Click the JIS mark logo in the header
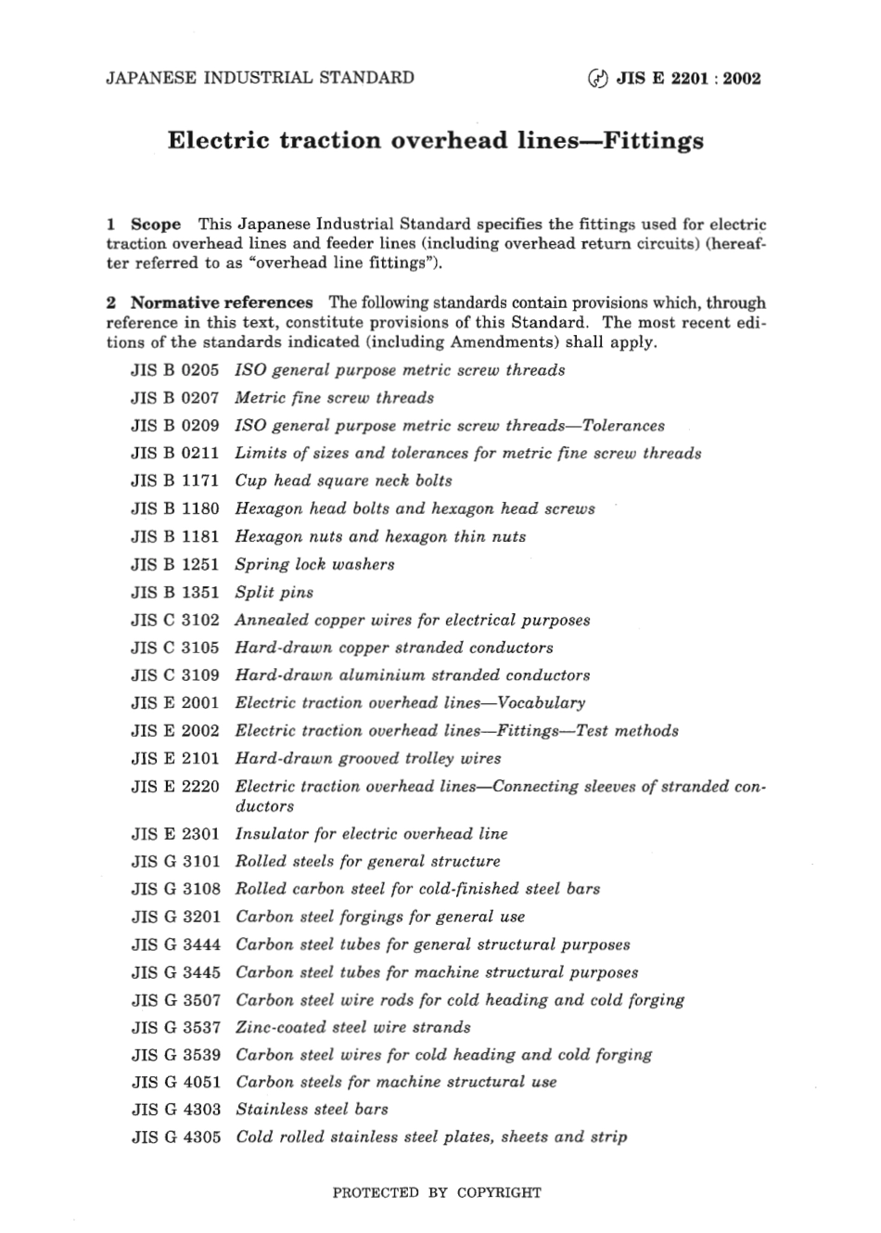pyautogui.click(x=597, y=79)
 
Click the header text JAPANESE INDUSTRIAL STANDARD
pyautogui.click(x=261, y=78)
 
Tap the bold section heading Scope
pyautogui.click(x=156, y=225)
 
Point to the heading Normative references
pyautogui.click(x=222, y=302)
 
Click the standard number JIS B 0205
pyautogui.click(x=175, y=370)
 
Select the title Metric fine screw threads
pyautogui.click(x=334, y=398)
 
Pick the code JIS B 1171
pyautogui.click(x=175, y=481)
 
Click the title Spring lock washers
pyautogui.click(x=314, y=564)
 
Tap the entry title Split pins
pyautogui.click(x=274, y=592)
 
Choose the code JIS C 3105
pyautogui.click(x=175, y=648)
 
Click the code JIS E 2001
pyautogui.click(x=175, y=703)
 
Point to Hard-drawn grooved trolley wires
pyautogui.click(x=367, y=758)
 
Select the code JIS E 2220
pyautogui.click(x=175, y=787)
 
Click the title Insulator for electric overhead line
pyautogui.click(x=371, y=833)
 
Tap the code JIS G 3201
pyautogui.click(x=175, y=917)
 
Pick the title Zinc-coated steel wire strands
pyautogui.click(x=352, y=1027)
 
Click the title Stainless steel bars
pyautogui.click(x=312, y=1109)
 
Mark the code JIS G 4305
pyautogui.click(x=175, y=1137)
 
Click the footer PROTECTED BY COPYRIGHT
pyautogui.click(x=437, y=1193)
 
